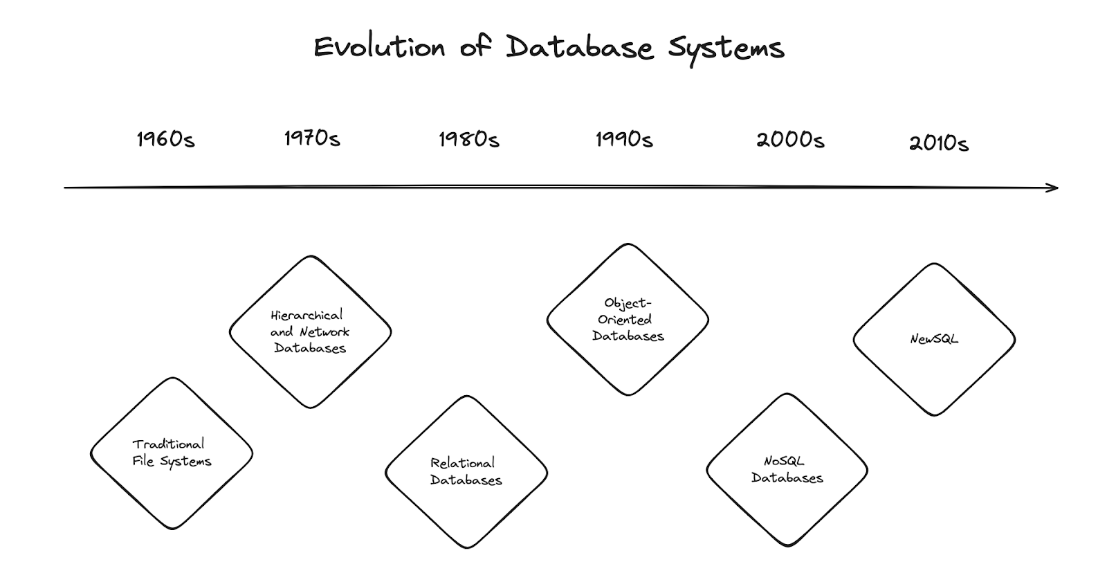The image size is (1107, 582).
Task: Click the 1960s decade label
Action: click(x=165, y=140)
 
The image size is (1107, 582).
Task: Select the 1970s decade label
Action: click(x=312, y=138)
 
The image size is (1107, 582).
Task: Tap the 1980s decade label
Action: click(x=468, y=140)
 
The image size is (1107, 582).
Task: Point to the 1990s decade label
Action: click(x=624, y=140)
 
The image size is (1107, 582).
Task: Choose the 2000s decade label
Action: click(x=790, y=140)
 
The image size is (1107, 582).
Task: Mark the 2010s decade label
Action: click(x=938, y=143)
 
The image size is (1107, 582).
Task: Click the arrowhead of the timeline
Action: click(x=1053, y=188)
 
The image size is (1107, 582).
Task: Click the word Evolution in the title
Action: click(x=379, y=48)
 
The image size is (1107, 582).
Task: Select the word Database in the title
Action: click(x=579, y=48)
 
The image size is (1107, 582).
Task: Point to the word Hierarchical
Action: click(x=307, y=316)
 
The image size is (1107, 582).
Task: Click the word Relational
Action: click(x=462, y=463)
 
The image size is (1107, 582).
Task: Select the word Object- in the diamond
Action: click(x=628, y=303)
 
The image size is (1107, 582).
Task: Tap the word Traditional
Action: click(x=168, y=444)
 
